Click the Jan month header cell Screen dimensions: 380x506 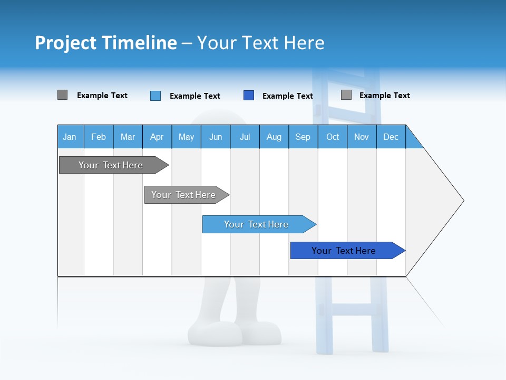point(70,137)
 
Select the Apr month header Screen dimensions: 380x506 point(157,137)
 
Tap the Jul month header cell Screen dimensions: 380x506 point(245,137)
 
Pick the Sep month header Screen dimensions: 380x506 point(303,137)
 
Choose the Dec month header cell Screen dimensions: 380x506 point(391,137)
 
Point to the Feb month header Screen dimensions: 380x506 point(99,137)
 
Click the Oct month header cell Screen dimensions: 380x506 point(333,137)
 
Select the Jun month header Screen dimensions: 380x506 point(216,137)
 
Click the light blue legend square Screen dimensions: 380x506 point(155,96)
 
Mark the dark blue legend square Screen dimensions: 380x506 point(249,96)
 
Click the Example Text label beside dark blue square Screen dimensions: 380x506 point(287,96)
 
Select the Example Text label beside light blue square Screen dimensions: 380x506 point(194,96)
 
